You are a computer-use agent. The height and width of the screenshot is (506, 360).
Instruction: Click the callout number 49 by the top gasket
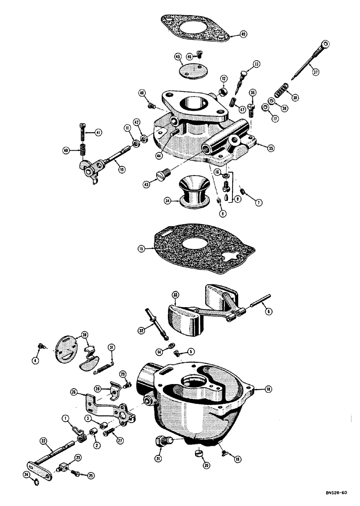click(x=243, y=34)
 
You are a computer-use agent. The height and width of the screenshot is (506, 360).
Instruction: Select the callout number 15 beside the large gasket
click(x=141, y=248)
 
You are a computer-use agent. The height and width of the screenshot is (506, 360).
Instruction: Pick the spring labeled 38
click(x=280, y=94)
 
